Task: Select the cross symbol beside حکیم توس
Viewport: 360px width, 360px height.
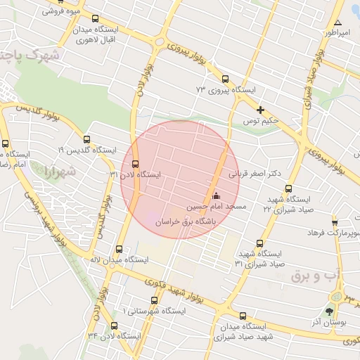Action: (x=261, y=110)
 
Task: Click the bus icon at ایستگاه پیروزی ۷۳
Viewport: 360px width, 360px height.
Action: (x=225, y=79)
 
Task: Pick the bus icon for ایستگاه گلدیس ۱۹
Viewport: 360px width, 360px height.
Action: (x=87, y=139)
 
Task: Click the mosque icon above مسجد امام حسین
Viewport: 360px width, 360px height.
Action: (x=216, y=195)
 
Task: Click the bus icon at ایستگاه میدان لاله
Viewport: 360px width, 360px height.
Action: (x=118, y=249)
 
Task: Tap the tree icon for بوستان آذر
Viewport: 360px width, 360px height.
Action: (x=329, y=311)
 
